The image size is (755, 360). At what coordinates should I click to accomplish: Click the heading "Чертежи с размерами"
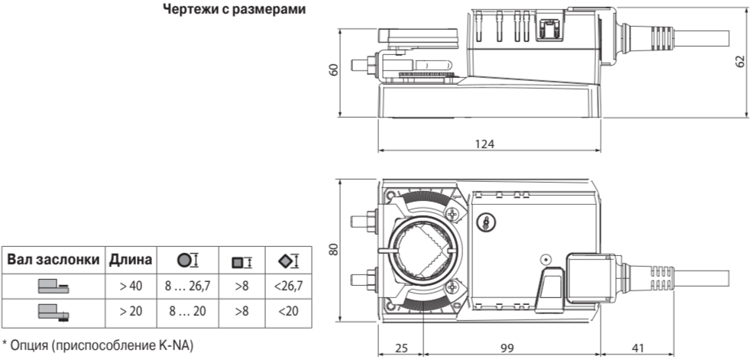[234, 9]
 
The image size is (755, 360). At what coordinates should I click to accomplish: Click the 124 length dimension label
[485, 144]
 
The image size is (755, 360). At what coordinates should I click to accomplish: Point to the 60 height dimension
[333, 70]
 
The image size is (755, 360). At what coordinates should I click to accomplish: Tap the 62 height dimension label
[740, 61]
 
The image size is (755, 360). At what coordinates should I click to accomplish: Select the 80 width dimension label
[333, 248]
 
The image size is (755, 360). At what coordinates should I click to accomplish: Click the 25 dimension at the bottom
[400, 348]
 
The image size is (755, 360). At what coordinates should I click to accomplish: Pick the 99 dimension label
[507, 348]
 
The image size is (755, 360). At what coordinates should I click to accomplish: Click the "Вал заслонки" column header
[53, 260]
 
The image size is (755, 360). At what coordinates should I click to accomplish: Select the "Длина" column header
[131, 260]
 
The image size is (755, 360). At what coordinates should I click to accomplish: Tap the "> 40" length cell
[131, 286]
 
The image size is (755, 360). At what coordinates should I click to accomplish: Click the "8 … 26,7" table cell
[187, 286]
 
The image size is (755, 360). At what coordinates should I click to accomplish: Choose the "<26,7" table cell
[288, 286]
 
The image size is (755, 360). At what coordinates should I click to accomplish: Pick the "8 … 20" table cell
[187, 311]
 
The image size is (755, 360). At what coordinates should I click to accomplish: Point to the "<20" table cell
[288, 311]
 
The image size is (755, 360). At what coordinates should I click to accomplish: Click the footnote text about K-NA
[98, 345]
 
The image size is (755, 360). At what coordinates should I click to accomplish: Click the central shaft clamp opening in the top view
[423, 250]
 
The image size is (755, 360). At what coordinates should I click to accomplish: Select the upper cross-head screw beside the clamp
[452, 213]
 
